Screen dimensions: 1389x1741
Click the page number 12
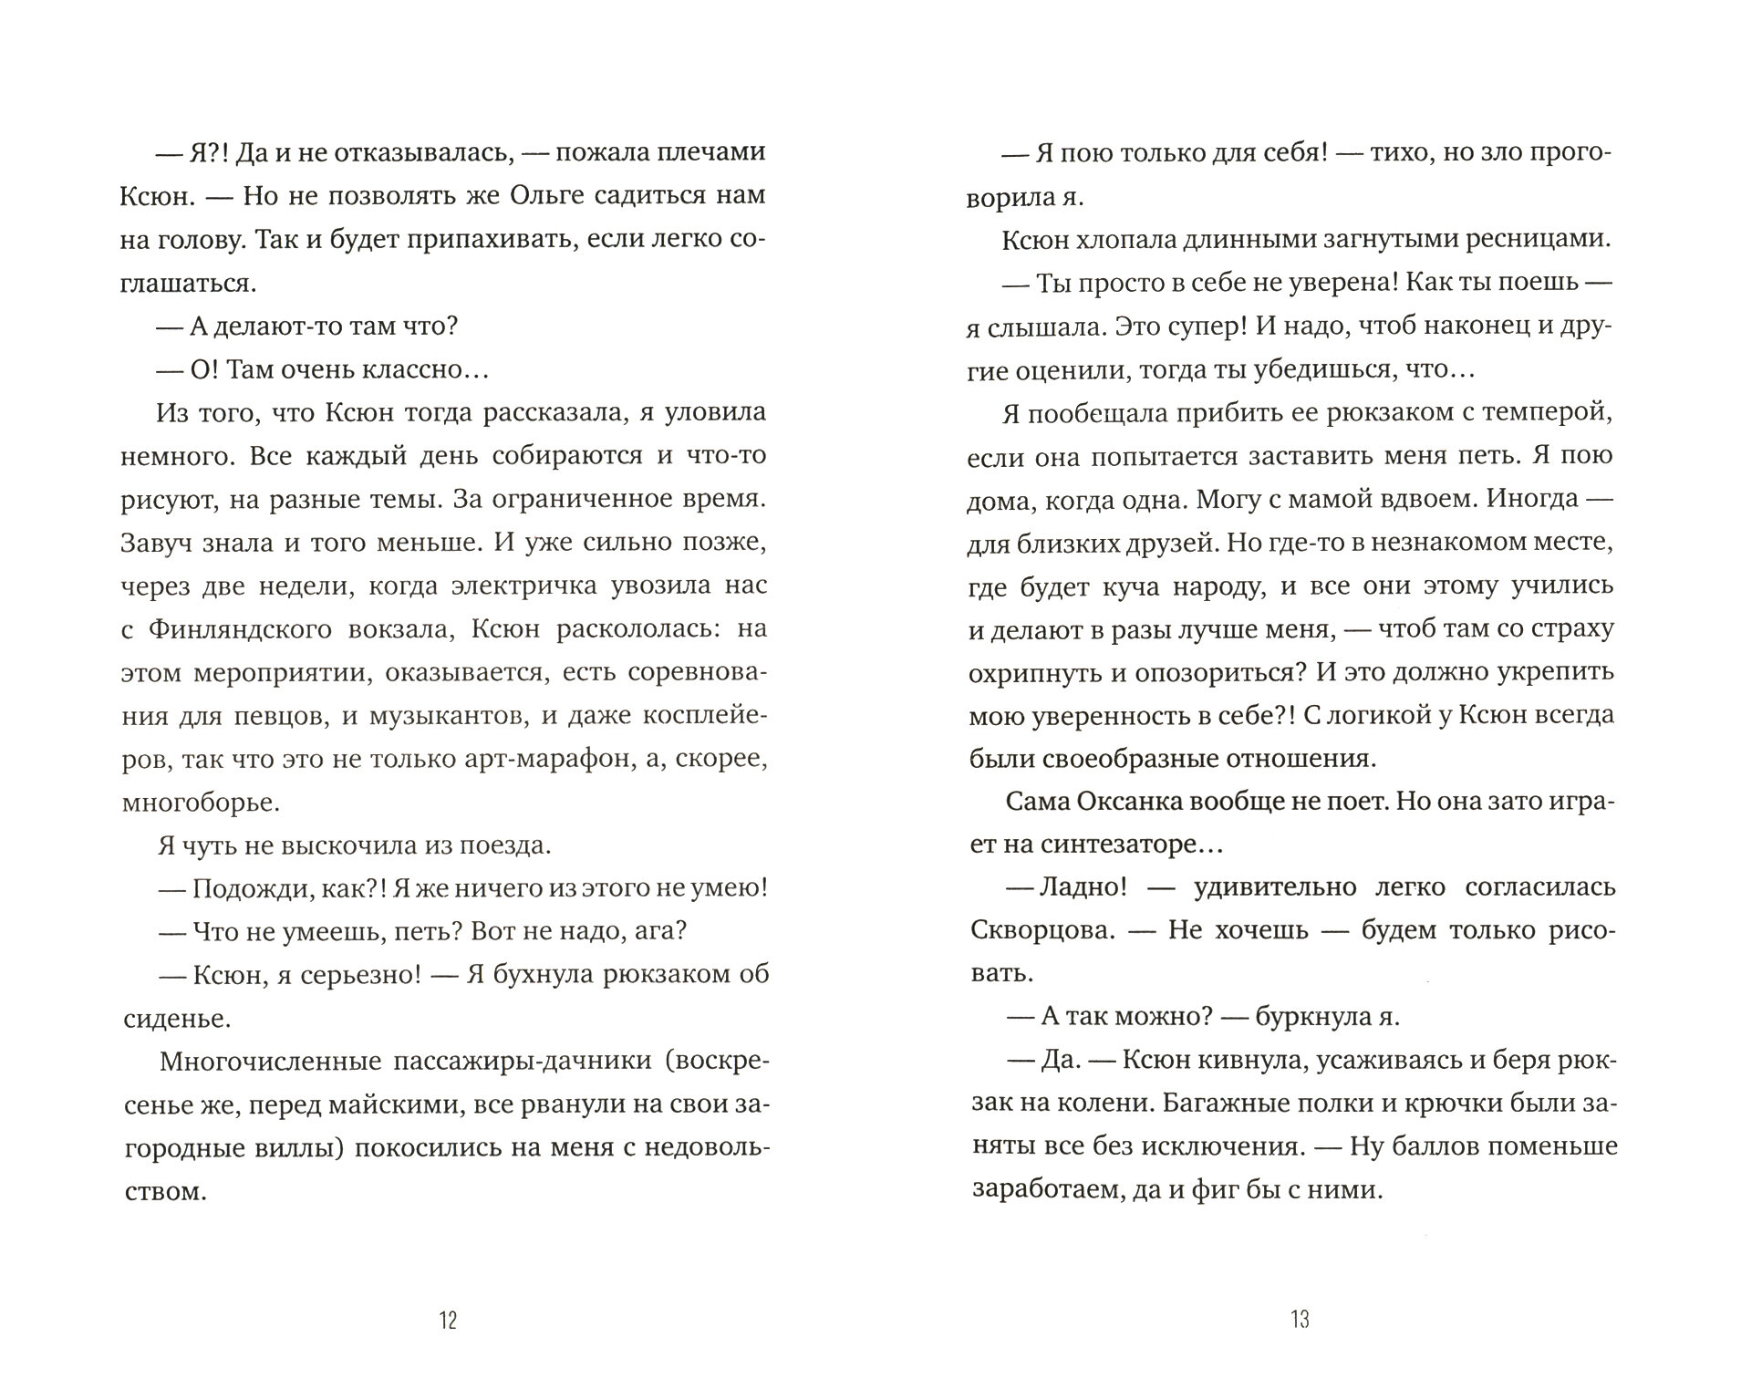pos(447,1321)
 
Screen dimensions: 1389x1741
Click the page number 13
pos(1300,1320)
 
